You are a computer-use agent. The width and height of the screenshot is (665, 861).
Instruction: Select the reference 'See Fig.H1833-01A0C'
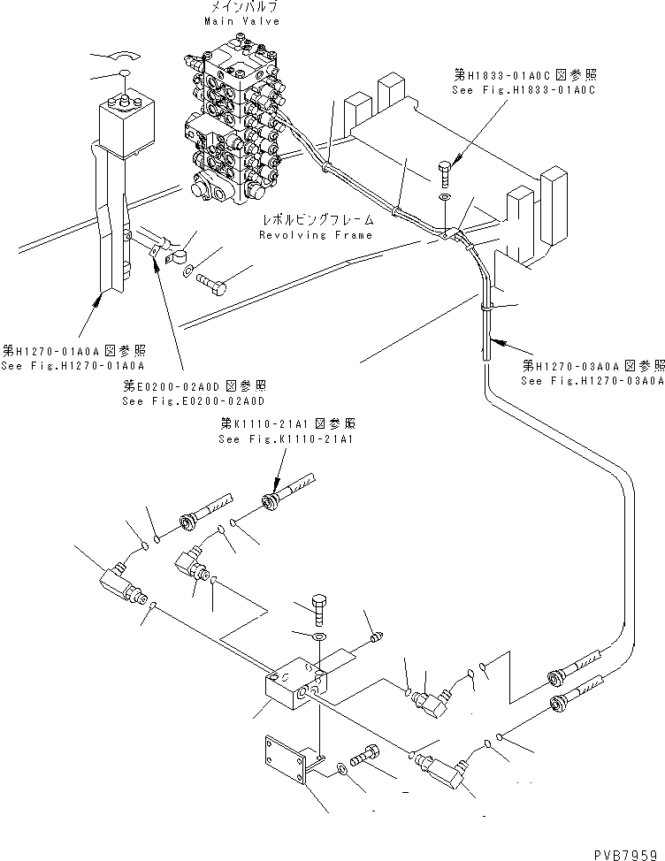pos(524,90)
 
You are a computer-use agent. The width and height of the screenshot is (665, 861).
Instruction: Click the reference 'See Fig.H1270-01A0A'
pos(73,365)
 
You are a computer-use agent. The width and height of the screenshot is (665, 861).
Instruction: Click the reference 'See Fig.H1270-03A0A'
pos(592,381)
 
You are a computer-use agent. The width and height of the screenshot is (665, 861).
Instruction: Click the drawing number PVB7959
pos(629,851)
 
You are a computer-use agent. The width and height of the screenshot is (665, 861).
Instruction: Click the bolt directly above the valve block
pos(319,610)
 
